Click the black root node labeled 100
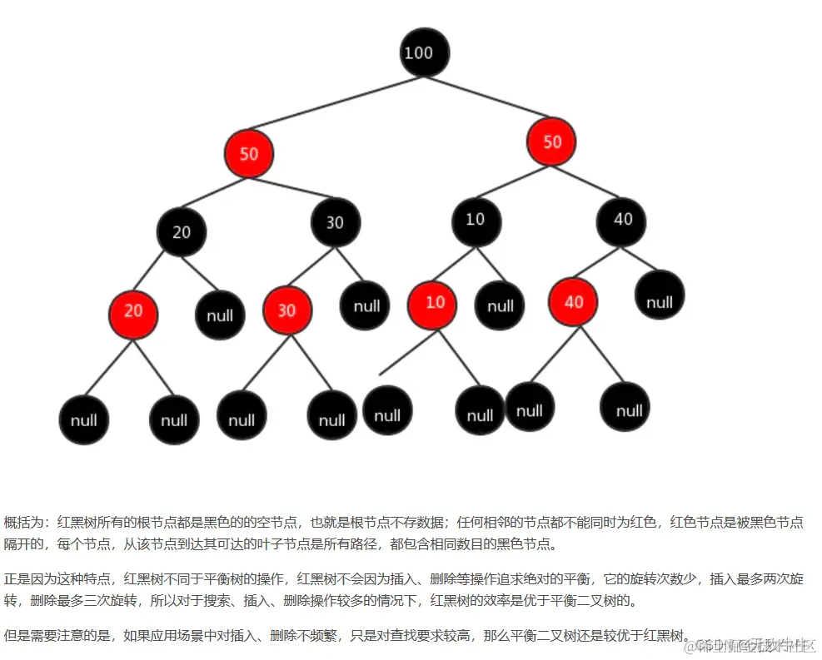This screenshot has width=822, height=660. click(x=424, y=52)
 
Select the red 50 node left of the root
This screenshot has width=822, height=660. click(x=248, y=153)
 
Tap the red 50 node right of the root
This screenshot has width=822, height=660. click(x=551, y=141)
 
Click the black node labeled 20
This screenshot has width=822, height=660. click(x=182, y=231)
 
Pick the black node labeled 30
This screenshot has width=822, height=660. click(x=335, y=222)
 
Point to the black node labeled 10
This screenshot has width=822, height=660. click(x=476, y=220)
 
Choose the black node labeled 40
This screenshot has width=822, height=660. click(x=622, y=220)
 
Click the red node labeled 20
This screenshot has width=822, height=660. click(x=133, y=311)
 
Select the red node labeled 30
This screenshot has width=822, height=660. click(x=286, y=310)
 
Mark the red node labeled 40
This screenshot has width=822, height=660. click(x=573, y=302)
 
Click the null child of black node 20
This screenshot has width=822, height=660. click(x=220, y=315)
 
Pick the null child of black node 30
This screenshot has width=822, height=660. click(x=365, y=305)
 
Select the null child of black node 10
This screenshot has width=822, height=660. click(x=500, y=305)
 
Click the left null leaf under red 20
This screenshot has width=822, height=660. click(x=84, y=420)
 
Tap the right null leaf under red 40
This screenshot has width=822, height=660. click(x=625, y=408)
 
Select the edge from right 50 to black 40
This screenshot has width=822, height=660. click(x=588, y=181)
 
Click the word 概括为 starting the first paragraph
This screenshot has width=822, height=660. click(x=26, y=523)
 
